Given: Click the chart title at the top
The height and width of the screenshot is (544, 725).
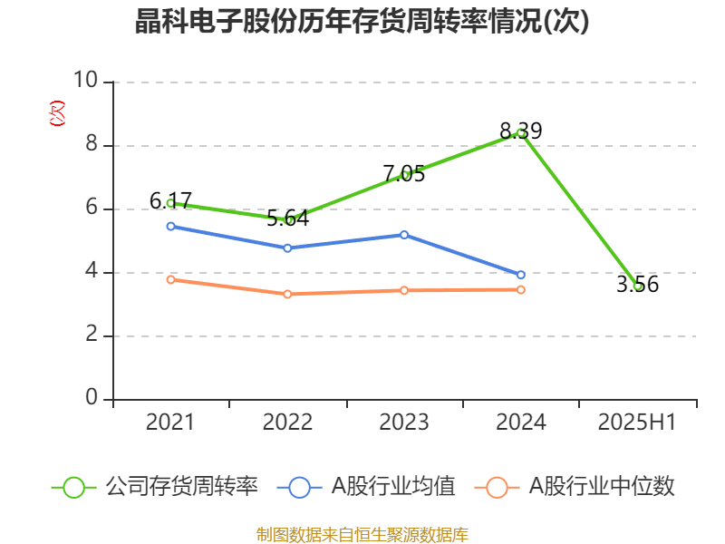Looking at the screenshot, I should (x=362, y=22).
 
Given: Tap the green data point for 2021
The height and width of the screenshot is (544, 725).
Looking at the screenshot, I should (x=171, y=203).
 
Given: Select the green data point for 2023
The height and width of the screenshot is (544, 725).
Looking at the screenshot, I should (x=404, y=176).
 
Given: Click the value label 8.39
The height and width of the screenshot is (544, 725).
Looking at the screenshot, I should (x=520, y=131).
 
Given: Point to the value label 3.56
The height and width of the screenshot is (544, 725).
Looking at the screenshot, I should (x=637, y=285).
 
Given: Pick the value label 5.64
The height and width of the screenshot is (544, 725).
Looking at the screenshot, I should (x=288, y=219).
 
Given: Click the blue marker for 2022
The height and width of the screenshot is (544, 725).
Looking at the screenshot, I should (x=288, y=248).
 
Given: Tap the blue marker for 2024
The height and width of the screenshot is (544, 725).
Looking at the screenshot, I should (x=521, y=275).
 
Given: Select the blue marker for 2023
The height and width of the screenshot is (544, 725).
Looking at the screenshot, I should (x=404, y=235).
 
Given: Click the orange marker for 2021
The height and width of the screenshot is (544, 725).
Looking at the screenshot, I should (x=171, y=279).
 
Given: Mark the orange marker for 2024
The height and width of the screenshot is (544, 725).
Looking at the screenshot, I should (x=521, y=289).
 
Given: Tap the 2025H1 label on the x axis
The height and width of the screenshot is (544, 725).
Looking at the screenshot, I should (x=637, y=423).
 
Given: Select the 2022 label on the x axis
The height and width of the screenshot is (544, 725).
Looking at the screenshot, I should (x=288, y=423).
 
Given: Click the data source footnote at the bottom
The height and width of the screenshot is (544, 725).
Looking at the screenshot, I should (x=362, y=534).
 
